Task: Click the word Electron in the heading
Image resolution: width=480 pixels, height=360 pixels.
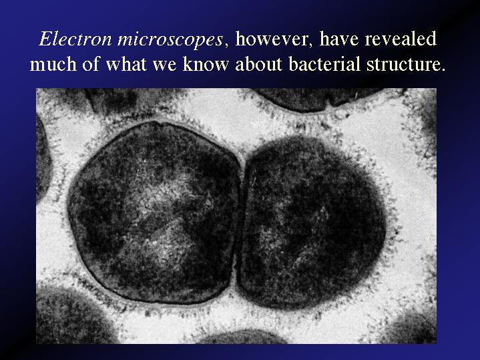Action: click(x=75, y=39)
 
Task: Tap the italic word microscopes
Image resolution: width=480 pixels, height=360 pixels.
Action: click(x=170, y=41)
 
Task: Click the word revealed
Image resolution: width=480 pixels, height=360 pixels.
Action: click(x=401, y=39)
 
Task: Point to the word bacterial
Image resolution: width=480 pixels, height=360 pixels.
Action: click(x=324, y=63)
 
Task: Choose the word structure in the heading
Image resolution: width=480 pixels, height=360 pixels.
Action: click(x=404, y=65)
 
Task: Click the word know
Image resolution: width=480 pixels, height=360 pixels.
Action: click(x=206, y=63)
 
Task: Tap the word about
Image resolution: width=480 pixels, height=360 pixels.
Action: click(x=258, y=63)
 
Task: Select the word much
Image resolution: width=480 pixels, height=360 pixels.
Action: click(x=53, y=63)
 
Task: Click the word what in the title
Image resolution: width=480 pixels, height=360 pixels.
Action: click(x=126, y=63)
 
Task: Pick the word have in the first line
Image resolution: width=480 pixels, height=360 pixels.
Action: click(x=338, y=39)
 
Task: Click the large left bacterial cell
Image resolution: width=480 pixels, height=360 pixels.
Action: click(x=153, y=212)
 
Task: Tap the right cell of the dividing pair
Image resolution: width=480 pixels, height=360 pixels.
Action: click(x=310, y=222)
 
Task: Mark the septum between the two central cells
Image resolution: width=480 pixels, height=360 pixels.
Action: click(x=240, y=220)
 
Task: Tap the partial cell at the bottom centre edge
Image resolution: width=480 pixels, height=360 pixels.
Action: click(x=242, y=337)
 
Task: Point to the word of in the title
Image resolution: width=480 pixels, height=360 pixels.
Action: click(x=91, y=63)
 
